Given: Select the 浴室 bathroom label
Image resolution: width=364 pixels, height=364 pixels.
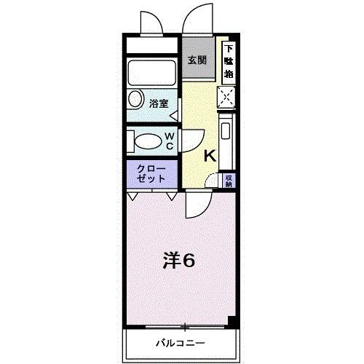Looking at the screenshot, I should pyautogui.click(x=159, y=103).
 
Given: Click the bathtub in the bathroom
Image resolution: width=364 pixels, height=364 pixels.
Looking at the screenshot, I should pyautogui.click(x=151, y=73).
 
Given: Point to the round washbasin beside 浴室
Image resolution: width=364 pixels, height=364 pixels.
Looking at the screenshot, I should pyautogui.click(x=136, y=101).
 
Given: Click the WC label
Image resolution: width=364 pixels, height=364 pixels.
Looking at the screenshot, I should pyautogui.click(x=168, y=141).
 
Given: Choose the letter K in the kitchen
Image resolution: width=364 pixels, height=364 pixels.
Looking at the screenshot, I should pyautogui.click(x=209, y=155).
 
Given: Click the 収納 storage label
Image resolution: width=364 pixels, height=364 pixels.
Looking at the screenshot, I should pyautogui.click(x=229, y=180).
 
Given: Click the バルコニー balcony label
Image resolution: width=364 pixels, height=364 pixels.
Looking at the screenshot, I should pyautogui.click(x=180, y=342).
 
